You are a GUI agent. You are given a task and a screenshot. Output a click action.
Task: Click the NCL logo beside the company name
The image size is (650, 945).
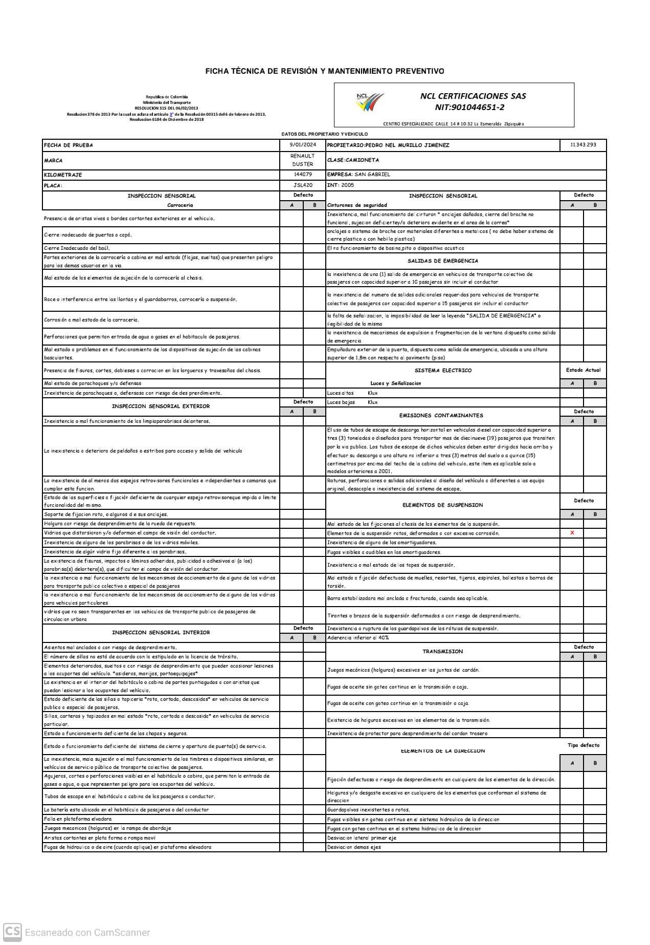[x=370, y=101]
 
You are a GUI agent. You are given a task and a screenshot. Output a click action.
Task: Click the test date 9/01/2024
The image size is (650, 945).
[x=303, y=145]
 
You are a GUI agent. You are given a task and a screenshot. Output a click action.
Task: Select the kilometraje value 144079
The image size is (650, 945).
[x=303, y=175]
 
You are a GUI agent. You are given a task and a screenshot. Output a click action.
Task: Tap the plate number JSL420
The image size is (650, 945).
[x=303, y=185]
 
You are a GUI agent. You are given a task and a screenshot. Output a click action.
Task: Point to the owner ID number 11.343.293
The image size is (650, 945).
[x=583, y=145]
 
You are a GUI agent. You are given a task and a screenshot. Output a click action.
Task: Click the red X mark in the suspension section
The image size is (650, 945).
[x=572, y=533]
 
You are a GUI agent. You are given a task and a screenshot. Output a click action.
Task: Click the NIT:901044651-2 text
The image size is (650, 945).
[x=469, y=107]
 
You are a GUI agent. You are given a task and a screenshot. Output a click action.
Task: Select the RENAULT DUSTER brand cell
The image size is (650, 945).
[x=303, y=160]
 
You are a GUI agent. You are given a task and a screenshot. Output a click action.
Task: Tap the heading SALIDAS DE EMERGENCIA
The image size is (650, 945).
[x=443, y=261]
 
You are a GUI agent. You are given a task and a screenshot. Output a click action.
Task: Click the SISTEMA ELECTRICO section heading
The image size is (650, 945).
[x=443, y=370]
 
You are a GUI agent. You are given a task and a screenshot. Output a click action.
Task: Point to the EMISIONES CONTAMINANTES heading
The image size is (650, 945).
[x=441, y=416]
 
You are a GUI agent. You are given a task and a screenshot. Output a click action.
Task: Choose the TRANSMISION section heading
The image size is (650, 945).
[x=442, y=652]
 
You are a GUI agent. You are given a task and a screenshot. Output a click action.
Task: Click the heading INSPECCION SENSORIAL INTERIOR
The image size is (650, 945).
[x=161, y=633]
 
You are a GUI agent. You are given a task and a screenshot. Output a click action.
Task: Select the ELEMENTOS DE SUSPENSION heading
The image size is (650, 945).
[x=442, y=505]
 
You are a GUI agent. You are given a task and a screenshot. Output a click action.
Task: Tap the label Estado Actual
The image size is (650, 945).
[x=583, y=370]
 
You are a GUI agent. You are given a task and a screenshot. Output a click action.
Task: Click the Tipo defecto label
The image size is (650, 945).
[x=583, y=745]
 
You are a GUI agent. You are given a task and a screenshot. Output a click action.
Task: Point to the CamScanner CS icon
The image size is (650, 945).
[x=13, y=932]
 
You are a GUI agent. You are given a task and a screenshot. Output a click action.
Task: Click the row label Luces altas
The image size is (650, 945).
[x=340, y=393]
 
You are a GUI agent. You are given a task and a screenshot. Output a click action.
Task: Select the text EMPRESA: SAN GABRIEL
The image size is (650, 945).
[x=358, y=175]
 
